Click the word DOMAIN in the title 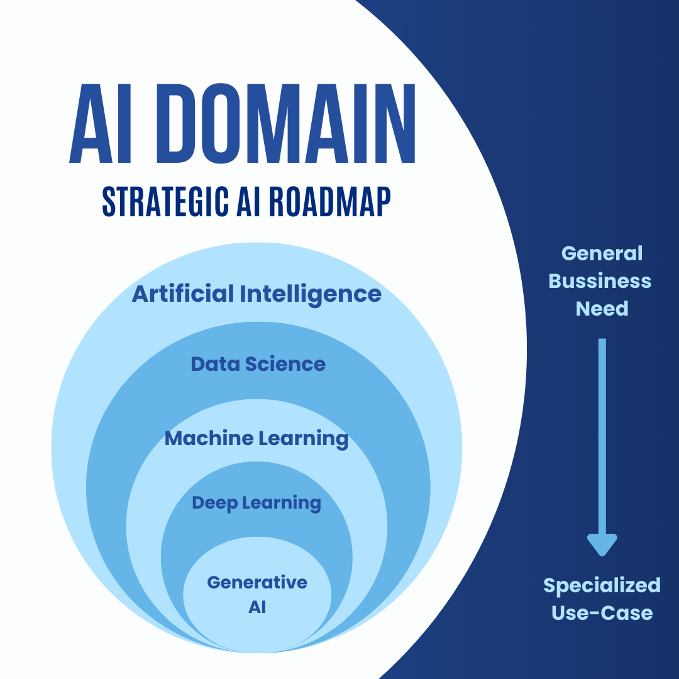click(x=285, y=123)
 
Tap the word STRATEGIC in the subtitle click(x=165, y=202)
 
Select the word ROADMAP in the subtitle click(x=329, y=202)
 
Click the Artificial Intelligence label click(x=257, y=294)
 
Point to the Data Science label click(x=258, y=364)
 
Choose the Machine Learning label click(x=257, y=439)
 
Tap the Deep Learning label click(x=257, y=503)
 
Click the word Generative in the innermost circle click(x=257, y=582)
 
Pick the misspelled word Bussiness click(x=600, y=281)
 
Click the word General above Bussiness click(x=602, y=253)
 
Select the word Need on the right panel click(x=602, y=309)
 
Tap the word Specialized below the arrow click(x=602, y=586)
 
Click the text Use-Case click(x=602, y=613)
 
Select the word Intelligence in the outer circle click(x=311, y=294)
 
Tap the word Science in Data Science click(x=285, y=364)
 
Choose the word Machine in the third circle click(x=209, y=438)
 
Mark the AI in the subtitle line click(x=248, y=202)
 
